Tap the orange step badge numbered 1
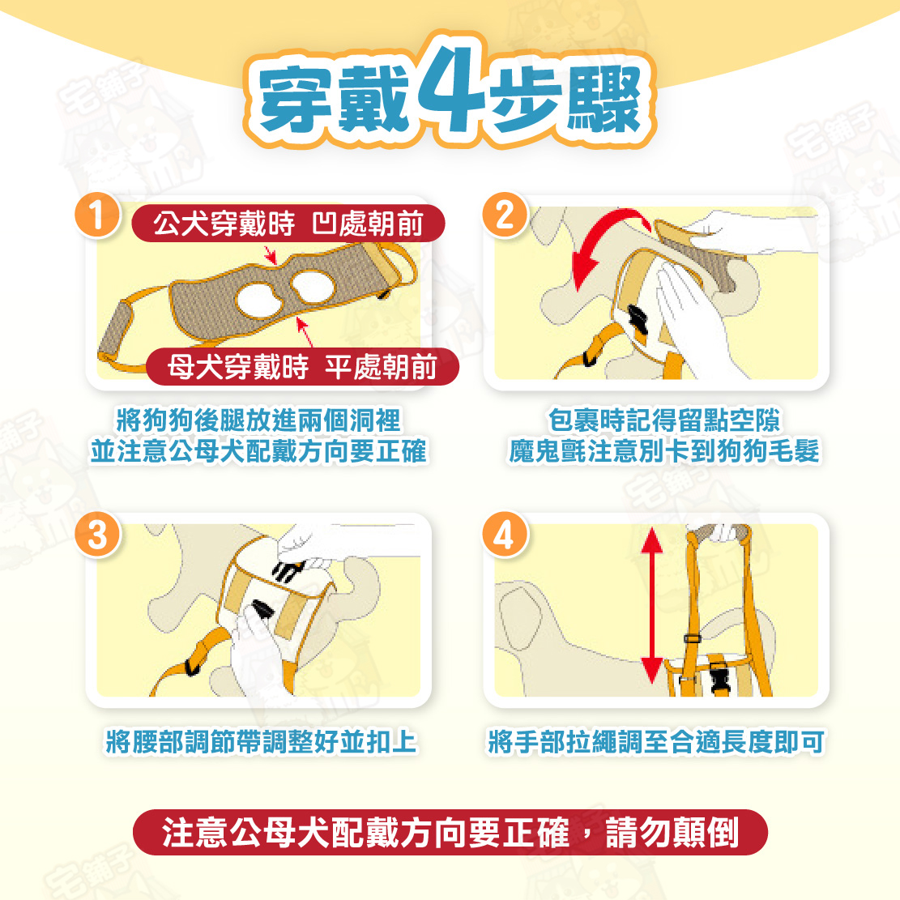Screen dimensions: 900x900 [97, 215]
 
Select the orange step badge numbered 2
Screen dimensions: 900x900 [505, 215]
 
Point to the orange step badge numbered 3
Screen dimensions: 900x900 [97, 535]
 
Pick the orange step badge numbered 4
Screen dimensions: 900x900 [505, 535]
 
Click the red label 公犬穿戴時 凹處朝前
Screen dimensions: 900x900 [288, 224]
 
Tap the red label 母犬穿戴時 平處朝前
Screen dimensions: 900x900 [302, 367]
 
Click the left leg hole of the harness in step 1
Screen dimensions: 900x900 [259, 301]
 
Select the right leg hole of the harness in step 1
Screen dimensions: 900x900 [312, 287]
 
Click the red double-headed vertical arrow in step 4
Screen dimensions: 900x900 [651, 605]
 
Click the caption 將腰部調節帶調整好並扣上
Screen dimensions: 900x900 [261, 741]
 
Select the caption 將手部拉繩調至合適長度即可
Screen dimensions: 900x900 [656, 741]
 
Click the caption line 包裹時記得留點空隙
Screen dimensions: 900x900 [664, 420]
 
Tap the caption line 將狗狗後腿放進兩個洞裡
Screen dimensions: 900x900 [259, 420]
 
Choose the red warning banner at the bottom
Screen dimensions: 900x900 [450, 832]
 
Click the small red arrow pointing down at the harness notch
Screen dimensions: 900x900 [271, 255]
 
